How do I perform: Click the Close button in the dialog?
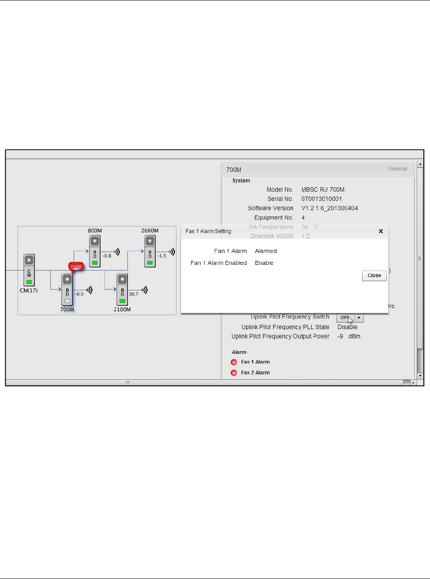point(374,275)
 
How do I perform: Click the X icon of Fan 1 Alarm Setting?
point(381,231)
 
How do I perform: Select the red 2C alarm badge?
point(76,266)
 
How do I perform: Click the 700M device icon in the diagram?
point(67,289)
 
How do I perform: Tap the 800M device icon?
point(95,251)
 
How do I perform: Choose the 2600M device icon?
point(150,251)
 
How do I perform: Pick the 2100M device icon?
point(122,289)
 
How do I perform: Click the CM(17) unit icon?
point(29,270)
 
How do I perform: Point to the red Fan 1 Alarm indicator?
point(234,362)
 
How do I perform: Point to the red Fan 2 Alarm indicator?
point(234,373)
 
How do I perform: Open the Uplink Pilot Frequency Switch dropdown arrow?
point(359,318)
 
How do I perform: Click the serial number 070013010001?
point(322,199)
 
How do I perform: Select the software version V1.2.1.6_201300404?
point(329,208)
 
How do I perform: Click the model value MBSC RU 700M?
point(323,189)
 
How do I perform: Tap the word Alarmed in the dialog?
point(266,251)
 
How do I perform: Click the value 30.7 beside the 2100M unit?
point(134,294)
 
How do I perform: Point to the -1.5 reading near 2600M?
point(161,256)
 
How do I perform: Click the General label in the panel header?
point(397,169)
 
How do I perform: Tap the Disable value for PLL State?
point(347,327)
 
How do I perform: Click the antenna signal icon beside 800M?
point(117,252)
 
